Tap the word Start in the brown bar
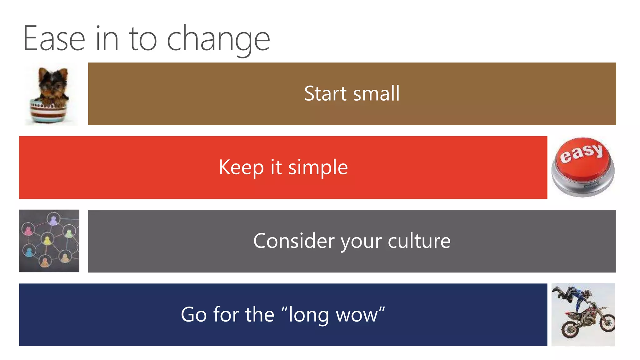[325, 93]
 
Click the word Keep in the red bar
[241, 167]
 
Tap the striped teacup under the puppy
[49, 112]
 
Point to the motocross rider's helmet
[588, 294]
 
